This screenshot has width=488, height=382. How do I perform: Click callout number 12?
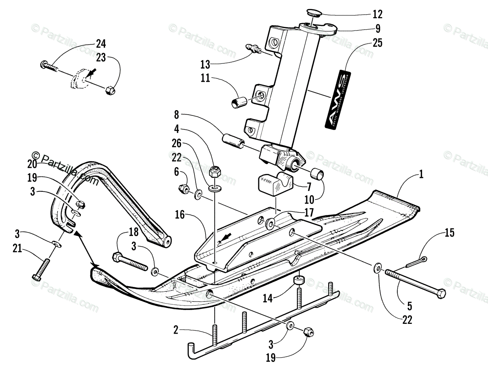(377, 14)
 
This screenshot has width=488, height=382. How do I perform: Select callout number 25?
(377, 43)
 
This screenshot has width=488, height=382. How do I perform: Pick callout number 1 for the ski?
(421, 175)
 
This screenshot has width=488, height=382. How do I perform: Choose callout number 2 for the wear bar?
(176, 330)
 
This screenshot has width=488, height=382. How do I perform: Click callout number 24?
(100, 43)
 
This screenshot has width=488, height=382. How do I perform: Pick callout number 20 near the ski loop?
(32, 164)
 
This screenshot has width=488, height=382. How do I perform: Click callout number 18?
(133, 232)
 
